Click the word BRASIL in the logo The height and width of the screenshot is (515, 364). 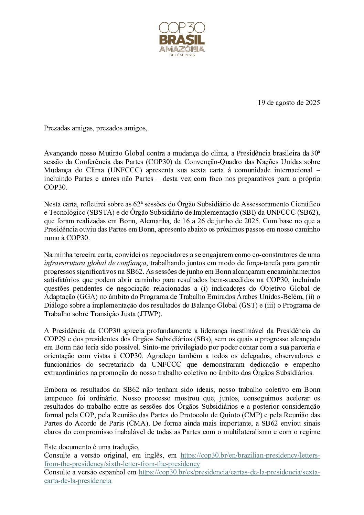click(182, 39)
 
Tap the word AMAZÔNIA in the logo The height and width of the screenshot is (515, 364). click(182, 49)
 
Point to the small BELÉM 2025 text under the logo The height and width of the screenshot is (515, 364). click(182, 55)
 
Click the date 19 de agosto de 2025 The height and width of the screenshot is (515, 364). click(289, 103)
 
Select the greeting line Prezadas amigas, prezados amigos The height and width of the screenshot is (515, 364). click(95, 128)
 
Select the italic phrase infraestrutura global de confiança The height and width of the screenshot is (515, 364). click(95, 263)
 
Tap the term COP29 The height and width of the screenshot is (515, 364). click(54, 339)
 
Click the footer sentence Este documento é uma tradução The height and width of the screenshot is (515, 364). click(92, 447)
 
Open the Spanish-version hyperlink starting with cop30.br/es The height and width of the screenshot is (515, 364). click(229, 472)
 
